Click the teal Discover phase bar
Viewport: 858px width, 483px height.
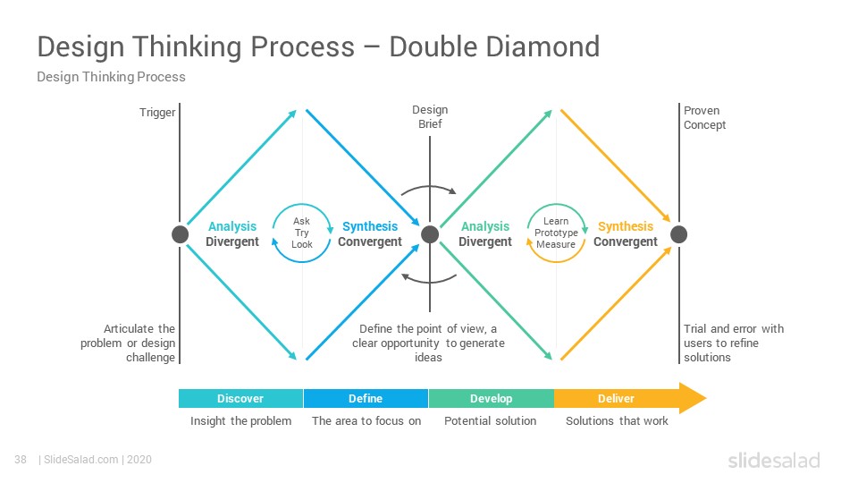click(240, 399)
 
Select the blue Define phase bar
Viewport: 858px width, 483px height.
click(366, 399)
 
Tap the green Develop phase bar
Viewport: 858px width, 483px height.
click(492, 399)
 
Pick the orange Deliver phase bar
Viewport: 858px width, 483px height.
click(617, 399)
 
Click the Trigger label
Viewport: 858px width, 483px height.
click(157, 113)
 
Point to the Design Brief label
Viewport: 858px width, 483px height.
click(430, 116)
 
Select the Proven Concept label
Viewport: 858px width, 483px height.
click(705, 118)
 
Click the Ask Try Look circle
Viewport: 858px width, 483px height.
click(301, 204)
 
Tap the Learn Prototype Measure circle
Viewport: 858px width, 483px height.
click(557, 204)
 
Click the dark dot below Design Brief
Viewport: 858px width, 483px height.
click(430, 234)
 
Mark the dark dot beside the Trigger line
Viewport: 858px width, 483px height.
click(180, 234)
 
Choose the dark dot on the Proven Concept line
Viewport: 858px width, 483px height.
click(679, 234)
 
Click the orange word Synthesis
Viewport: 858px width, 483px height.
click(626, 226)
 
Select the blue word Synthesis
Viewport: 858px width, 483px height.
click(370, 226)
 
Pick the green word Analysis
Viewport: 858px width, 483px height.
click(485, 226)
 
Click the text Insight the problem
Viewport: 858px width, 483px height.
click(240, 421)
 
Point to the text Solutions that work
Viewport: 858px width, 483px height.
click(617, 421)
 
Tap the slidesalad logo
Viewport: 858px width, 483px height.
click(774, 461)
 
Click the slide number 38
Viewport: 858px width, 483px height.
click(21, 460)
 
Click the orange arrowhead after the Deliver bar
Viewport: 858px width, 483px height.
click(692, 398)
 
